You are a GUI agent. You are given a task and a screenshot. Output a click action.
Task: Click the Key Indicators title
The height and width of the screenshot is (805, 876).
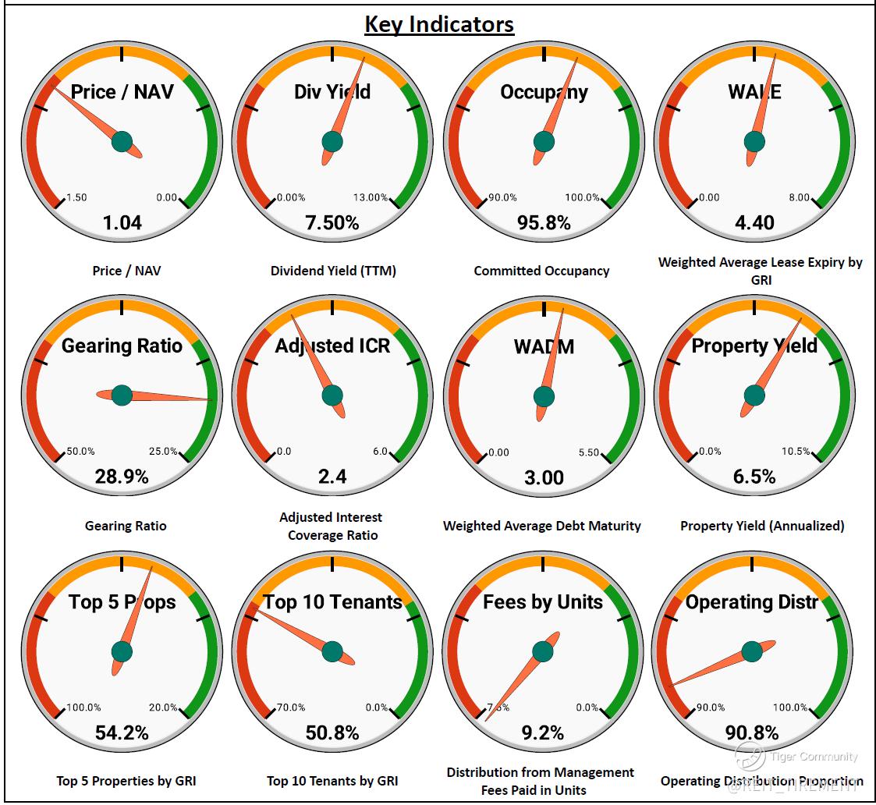(x=439, y=24)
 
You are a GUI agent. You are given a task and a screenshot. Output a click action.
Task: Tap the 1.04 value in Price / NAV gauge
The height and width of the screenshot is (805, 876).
(x=122, y=223)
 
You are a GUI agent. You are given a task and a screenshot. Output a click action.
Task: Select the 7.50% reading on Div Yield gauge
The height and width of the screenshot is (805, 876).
(x=332, y=223)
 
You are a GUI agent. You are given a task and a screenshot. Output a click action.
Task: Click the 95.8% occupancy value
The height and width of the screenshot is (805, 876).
(x=544, y=223)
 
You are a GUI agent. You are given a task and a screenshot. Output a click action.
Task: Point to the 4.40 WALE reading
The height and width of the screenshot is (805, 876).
(x=754, y=223)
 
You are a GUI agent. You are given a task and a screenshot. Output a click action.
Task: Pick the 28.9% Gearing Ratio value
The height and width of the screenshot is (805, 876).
(x=122, y=477)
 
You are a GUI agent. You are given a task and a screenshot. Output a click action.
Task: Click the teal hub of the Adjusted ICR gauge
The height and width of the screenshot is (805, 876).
(x=332, y=395)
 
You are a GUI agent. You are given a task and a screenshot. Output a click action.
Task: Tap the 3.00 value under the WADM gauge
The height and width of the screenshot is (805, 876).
(x=544, y=477)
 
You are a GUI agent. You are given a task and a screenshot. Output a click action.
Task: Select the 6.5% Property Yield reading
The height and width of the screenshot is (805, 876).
(x=754, y=477)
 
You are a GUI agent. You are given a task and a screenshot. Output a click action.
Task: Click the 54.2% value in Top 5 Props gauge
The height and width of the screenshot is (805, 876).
(x=122, y=732)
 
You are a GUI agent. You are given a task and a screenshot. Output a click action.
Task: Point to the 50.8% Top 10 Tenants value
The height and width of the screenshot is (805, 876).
(x=332, y=732)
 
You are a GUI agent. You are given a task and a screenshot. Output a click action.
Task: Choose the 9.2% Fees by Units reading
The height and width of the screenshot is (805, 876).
(x=543, y=732)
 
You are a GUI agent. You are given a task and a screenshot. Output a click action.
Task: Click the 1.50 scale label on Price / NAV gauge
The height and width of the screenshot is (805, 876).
(x=76, y=197)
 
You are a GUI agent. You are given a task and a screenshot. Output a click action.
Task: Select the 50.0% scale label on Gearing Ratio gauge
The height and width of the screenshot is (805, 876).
(x=80, y=452)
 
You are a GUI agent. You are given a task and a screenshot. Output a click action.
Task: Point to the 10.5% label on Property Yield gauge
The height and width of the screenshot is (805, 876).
(x=796, y=452)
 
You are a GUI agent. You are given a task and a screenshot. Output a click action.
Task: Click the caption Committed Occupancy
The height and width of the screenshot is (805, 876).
(x=541, y=271)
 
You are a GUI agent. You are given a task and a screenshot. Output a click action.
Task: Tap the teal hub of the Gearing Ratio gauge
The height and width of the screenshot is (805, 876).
(x=122, y=395)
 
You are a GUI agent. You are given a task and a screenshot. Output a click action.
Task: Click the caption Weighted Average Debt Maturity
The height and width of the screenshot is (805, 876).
(x=542, y=526)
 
